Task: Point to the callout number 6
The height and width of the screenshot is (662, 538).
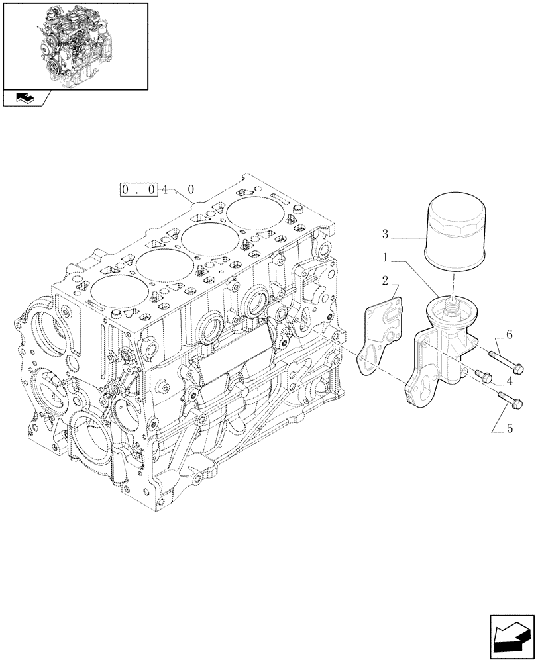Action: click(510, 336)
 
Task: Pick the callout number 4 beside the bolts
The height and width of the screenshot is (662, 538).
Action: click(510, 381)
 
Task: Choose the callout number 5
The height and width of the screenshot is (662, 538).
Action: click(510, 428)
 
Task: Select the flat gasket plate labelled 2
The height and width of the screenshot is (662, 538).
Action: click(380, 334)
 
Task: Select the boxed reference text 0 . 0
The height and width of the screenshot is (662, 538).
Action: click(138, 189)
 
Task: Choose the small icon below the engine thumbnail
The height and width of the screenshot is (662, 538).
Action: click(25, 99)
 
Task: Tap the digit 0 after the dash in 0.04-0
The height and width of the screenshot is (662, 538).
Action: click(191, 189)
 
